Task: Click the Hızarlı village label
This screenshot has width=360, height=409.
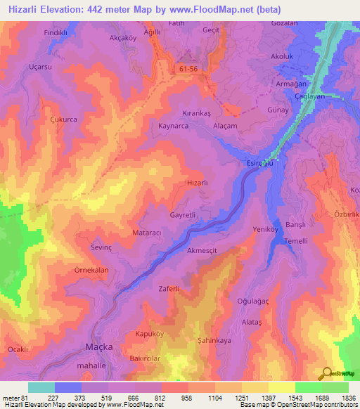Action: [195, 182]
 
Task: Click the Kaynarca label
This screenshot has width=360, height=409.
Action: [173, 124]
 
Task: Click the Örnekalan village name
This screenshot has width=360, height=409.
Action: [91, 270]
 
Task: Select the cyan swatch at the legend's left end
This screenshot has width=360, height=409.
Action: [41, 387]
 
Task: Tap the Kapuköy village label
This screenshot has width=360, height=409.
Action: [149, 335]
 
